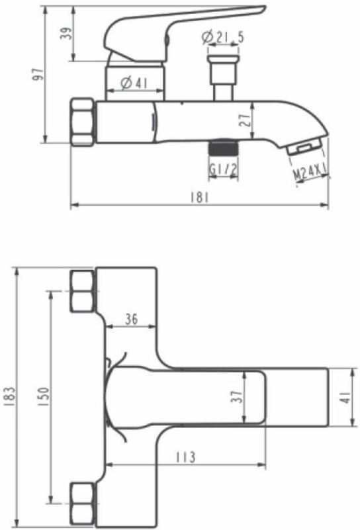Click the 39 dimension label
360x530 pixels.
pos(68,34)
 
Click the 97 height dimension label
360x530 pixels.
pos(40,74)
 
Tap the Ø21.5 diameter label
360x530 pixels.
pos(222,37)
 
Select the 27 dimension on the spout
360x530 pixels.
pos(246,120)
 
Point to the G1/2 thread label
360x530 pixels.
pos(224,169)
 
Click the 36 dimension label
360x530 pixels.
pos(131,318)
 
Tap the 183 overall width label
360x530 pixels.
pos(11,396)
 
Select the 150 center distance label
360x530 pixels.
pos(44,396)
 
